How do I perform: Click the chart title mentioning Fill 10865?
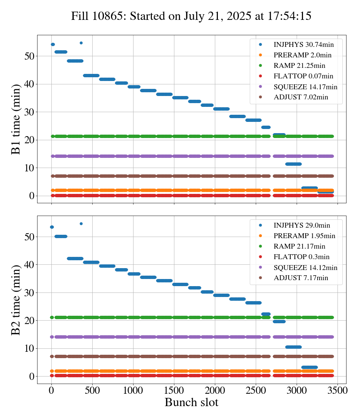[191, 16]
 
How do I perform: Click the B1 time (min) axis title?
[16, 119]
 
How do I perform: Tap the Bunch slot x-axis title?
[191, 402]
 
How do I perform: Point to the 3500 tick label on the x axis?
[337, 390]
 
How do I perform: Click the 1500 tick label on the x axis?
[174, 390]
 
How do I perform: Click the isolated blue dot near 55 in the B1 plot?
[81, 43]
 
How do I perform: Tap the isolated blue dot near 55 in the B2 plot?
[81, 223]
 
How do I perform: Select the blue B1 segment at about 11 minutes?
[293, 164]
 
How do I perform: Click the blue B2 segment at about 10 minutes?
[293, 347]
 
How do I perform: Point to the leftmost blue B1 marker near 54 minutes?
[52, 45]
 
